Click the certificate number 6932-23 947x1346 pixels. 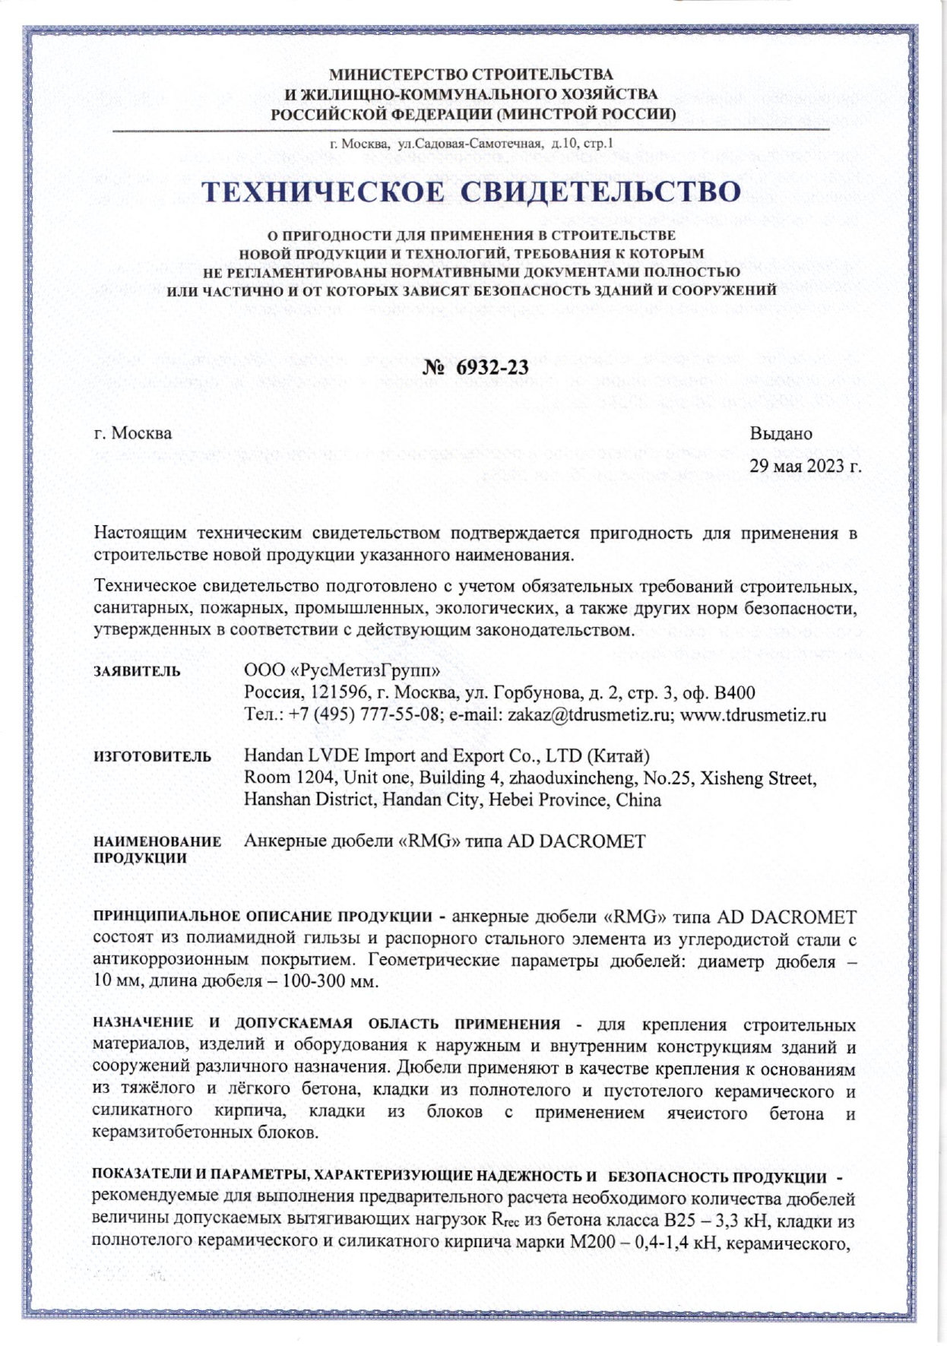492,367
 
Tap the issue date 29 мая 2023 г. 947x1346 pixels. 805,466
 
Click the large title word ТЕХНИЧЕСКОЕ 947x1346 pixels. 322,192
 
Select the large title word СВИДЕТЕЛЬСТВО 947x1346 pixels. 600,192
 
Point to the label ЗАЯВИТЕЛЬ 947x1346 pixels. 137,671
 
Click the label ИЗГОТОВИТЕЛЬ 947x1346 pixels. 152,756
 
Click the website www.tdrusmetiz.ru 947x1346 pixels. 752,715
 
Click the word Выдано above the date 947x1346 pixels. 781,433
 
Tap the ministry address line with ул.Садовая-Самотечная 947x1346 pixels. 471,144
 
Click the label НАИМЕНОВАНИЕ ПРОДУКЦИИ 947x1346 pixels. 157,850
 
